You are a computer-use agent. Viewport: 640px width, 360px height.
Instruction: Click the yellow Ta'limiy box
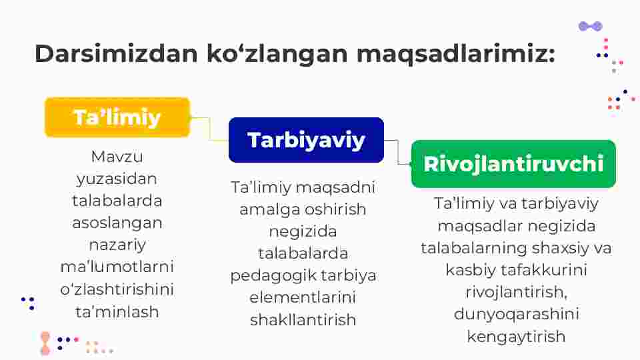117,117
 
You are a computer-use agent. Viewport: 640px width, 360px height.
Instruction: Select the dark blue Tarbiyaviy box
306,140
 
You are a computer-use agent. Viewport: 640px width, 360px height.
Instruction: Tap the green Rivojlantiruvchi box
513,164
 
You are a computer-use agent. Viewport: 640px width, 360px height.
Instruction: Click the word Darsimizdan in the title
116,53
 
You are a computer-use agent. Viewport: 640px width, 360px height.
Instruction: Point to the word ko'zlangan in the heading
277,54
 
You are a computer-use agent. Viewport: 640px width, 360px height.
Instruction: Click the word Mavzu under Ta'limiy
117,156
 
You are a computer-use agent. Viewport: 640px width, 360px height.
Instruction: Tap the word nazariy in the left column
117,245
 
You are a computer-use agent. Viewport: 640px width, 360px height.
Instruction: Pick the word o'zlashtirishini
117,289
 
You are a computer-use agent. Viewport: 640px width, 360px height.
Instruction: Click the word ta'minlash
117,312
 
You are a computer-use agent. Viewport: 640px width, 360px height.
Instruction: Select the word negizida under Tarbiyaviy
303,231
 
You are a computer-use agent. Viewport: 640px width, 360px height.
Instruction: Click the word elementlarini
303,297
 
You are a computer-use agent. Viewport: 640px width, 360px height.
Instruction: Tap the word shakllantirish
303,319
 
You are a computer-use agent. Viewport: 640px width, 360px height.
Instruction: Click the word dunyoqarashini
516,314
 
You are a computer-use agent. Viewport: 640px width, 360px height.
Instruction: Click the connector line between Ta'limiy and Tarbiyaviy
210,129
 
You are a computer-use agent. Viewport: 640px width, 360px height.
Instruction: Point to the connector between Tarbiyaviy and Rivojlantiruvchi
398,152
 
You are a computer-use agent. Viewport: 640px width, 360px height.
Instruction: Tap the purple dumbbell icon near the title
591,27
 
